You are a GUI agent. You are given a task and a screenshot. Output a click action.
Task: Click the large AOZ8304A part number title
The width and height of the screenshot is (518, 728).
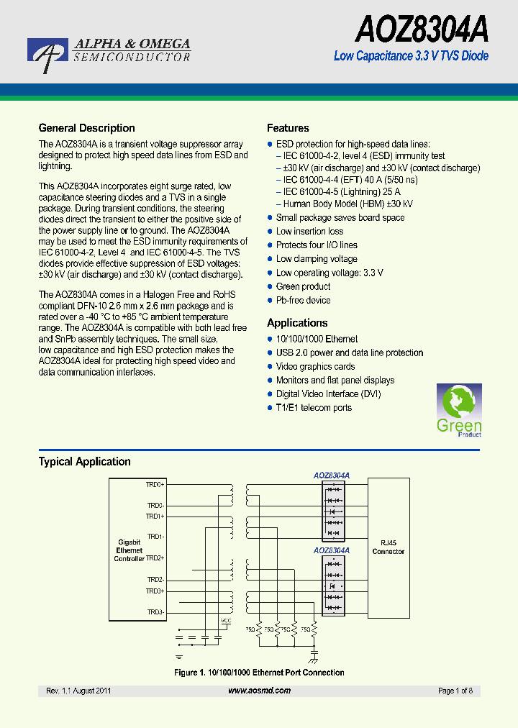pos(422,30)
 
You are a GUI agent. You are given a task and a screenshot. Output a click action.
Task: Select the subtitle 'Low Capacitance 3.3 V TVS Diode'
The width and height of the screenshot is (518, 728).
pos(411,56)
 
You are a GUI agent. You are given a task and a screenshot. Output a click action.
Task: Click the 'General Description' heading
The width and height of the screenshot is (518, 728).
pos(86,128)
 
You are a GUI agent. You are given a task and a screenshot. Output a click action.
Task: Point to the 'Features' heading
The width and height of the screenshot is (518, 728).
pos(288,128)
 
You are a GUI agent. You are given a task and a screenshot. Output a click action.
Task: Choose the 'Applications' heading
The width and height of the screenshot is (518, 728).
pos(297,323)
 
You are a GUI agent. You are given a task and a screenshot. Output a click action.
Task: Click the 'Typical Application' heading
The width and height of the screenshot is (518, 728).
pos(84,462)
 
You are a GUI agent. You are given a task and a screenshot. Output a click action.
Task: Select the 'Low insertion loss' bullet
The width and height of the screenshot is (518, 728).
pos(309,232)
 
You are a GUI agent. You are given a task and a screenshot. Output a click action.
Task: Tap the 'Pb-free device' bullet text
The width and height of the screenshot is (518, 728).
pos(303,300)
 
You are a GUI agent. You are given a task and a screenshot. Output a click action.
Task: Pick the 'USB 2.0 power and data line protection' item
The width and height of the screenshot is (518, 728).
pos(350,352)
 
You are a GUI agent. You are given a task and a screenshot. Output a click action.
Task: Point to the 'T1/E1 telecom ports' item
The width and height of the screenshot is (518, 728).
pos(314,408)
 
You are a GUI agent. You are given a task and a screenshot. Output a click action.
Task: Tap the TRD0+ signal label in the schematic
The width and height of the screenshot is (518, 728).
pos(155,485)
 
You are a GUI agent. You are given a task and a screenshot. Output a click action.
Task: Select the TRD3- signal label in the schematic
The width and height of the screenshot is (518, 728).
pos(155,612)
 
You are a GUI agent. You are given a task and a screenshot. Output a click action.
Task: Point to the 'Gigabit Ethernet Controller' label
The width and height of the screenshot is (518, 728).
pos(129,550)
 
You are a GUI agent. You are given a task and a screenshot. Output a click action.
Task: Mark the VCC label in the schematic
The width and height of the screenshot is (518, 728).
pos(226,620)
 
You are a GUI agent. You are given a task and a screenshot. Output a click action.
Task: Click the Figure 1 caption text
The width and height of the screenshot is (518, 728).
pos(259,673)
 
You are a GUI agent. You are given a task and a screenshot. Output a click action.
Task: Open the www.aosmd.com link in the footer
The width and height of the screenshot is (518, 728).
pos(259,691)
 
